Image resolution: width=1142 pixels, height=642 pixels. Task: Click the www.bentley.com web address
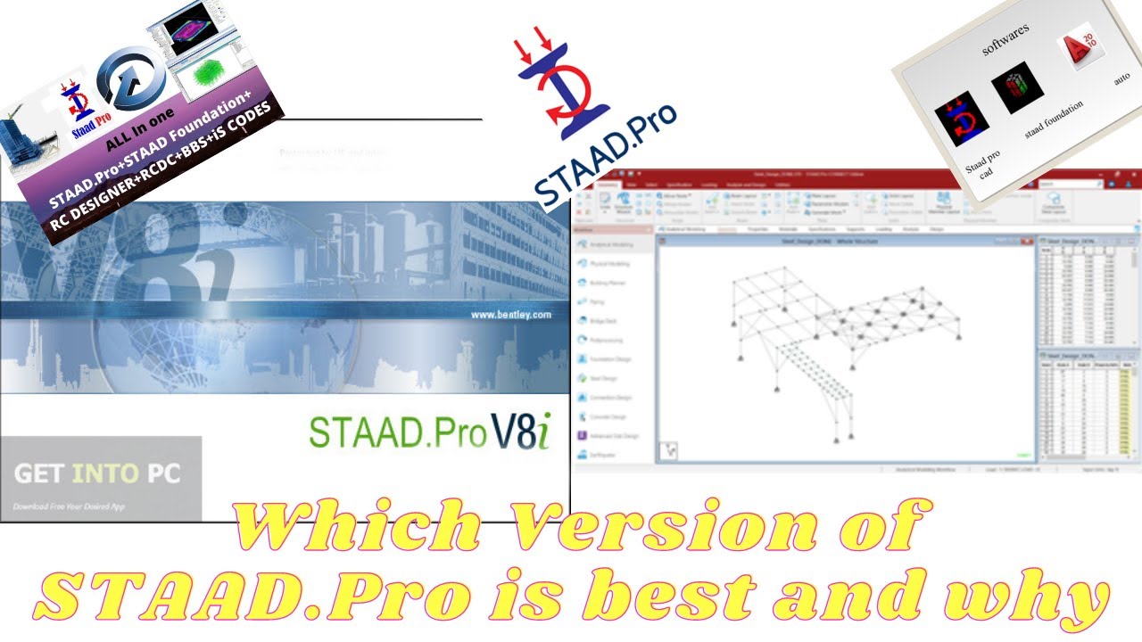tap(510, 315)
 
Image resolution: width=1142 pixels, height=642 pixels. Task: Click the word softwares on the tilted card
tap(1005, 39)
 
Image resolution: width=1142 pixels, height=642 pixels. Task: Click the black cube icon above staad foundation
tap(1017, 89)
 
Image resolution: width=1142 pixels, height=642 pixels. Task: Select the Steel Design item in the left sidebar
tap(610, 377)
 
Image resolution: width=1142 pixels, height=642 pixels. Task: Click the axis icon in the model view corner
tap(667, 450)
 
